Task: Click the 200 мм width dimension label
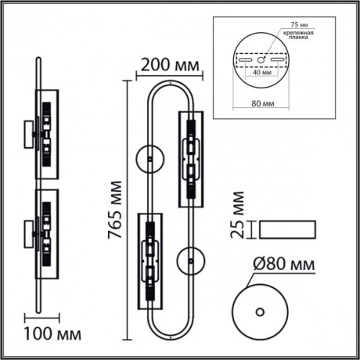pos(167,63)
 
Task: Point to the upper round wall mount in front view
pos(147,157)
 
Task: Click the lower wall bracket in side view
pos(30,230)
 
